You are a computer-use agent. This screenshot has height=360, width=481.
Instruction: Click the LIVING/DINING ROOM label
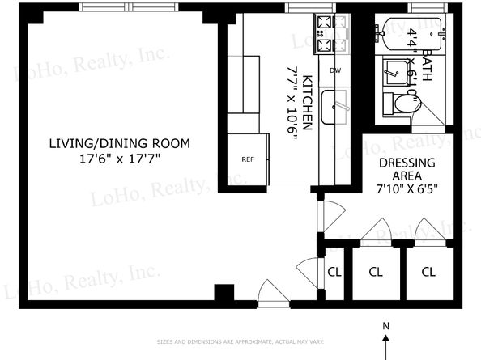click(119, 144)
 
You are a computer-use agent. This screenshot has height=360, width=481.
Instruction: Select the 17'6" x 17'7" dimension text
click(119, 159)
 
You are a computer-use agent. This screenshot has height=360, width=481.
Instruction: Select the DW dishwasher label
click(335, 70)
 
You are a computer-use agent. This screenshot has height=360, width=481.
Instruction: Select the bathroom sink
click(395, 74)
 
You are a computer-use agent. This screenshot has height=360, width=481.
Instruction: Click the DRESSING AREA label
click(407, 169)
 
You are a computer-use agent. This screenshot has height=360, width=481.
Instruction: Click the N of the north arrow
click(386, 326)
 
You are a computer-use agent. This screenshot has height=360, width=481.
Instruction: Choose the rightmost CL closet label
click(428, 272)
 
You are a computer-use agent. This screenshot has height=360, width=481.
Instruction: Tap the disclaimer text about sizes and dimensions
click(240, 342)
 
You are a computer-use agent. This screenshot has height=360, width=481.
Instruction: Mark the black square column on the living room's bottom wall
click(223, 293)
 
